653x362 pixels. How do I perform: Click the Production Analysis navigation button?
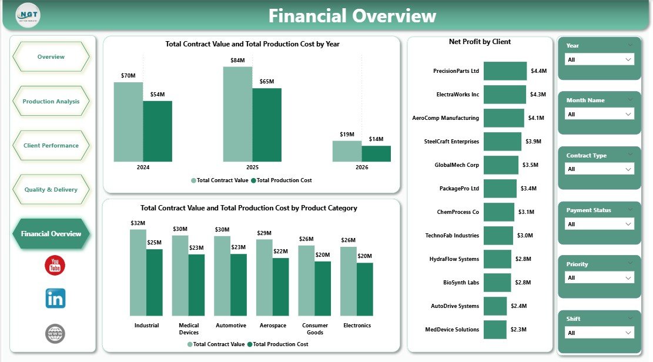(x=51, y=102)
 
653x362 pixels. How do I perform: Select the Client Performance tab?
(x=51, y=146)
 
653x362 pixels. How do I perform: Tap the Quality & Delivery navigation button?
(x=51, y=190)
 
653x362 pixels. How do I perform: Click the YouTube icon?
(x=55, y=265)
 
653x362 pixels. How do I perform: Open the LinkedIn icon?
(x=55, y=299)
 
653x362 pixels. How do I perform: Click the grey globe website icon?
(x=55, y=334)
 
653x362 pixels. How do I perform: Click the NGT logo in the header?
(x=28, y=15)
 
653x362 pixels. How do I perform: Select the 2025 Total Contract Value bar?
(x=237, y=114)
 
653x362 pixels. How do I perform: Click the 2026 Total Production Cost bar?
(x=376, y=153)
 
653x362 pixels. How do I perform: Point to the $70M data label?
(x=128, y=75)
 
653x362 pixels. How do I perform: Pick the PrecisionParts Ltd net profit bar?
(x=505, y=71)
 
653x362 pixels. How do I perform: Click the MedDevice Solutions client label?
(x=452, y=330)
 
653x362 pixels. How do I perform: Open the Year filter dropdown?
(x=599, y=59)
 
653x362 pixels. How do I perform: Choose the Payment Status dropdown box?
(x=599, y=224)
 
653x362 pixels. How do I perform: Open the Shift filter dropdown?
(x=599, y=333)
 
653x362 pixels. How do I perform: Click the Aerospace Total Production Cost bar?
(x=280, y=287)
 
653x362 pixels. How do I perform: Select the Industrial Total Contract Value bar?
(x=138, y=273)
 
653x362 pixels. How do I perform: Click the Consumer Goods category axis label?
(x=314, y=329)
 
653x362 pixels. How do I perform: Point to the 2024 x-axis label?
(x=143, y=167)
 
